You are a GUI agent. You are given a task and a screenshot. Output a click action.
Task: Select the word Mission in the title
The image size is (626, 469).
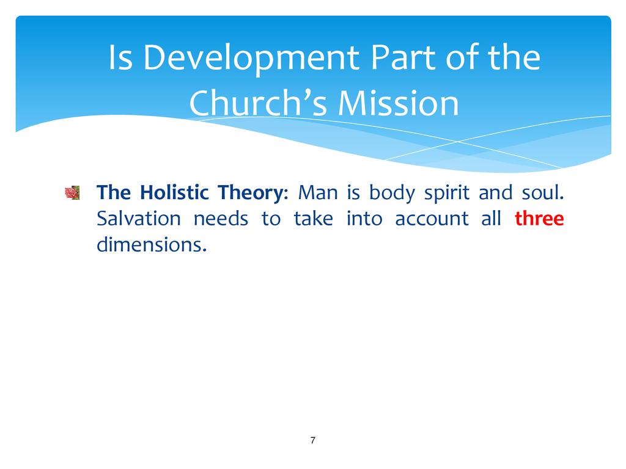point(399,103)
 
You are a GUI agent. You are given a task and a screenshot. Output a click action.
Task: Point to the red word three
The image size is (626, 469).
point(539,218)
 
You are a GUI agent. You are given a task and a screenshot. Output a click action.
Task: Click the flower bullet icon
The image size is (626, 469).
point(72,192)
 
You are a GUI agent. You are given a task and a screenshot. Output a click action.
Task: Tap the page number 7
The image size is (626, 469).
point(312,440)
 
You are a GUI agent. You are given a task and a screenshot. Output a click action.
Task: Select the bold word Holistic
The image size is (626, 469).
point(174,192)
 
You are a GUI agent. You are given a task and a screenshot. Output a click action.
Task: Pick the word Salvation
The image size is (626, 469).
point(139,218)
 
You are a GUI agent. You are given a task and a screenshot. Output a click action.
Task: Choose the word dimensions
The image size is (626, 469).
point(152,244)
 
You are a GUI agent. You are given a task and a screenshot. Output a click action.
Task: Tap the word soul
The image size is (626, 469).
point(543,192)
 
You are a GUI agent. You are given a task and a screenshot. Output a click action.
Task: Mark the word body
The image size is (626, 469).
point(392,194)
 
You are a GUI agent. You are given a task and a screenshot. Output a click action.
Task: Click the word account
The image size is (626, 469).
point(432,219)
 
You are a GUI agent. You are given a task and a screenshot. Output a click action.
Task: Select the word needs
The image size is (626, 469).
point(221,218)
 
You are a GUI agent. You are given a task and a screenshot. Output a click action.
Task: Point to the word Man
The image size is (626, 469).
point(318,192)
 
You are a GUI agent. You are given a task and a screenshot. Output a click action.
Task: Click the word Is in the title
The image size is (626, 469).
point(120,57)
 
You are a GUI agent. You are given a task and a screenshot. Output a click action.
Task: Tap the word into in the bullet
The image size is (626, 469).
point(364,218)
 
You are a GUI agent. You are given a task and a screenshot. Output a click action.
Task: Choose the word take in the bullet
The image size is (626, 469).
point(314,218)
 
